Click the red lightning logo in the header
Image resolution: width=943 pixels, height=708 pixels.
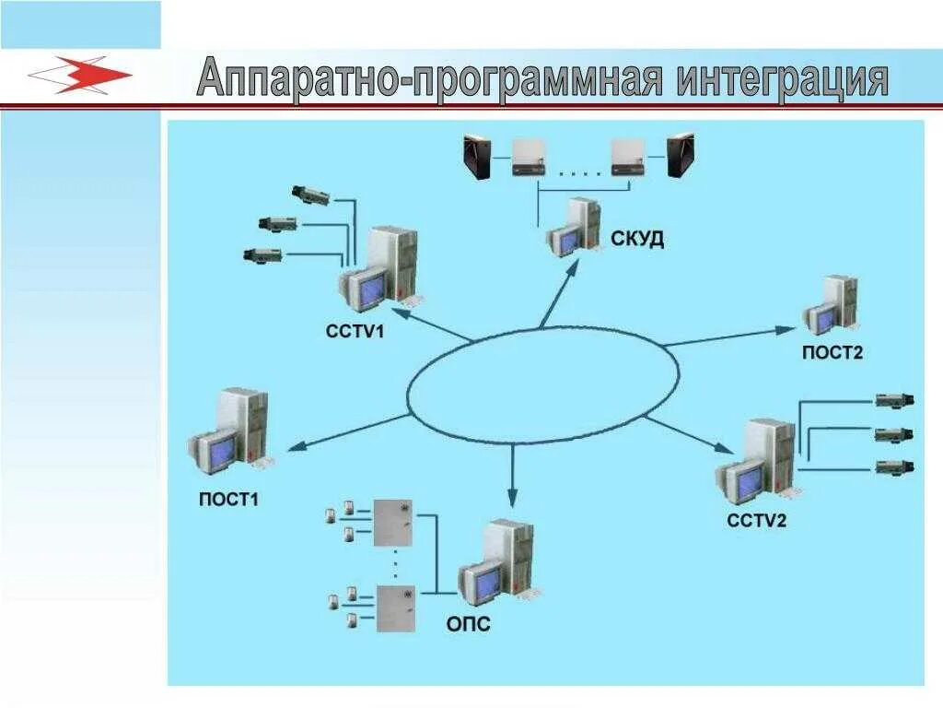pos(81,75)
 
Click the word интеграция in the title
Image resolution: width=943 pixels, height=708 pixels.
pos(783,79)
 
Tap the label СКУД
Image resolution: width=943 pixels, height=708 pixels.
pos(637,240)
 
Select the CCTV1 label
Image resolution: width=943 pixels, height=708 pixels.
pos(355,329)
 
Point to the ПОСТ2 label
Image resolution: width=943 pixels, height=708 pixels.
pos(832,352)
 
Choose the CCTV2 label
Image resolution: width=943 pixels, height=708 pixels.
pos(757,521)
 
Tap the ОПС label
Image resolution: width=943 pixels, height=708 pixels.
pos(469,625)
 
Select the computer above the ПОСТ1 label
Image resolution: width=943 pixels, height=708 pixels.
pos(230,433)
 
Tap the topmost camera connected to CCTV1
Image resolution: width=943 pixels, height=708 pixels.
pos(309,195)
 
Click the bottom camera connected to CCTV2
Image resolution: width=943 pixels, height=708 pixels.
pos(893,466)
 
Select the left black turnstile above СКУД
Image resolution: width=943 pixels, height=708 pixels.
pos(477,156)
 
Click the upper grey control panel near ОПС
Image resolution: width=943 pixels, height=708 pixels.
pos(393,524)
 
